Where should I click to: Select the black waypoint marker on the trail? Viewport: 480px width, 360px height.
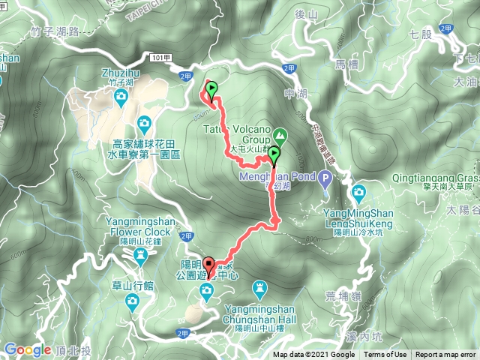274,155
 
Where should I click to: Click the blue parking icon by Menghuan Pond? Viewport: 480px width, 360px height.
324,178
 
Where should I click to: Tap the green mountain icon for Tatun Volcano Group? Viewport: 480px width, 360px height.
280,136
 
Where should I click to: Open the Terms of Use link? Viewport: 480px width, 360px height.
385,355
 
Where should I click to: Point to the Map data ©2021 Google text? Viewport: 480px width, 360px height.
313,355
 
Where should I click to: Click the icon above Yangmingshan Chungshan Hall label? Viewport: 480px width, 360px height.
259,287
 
